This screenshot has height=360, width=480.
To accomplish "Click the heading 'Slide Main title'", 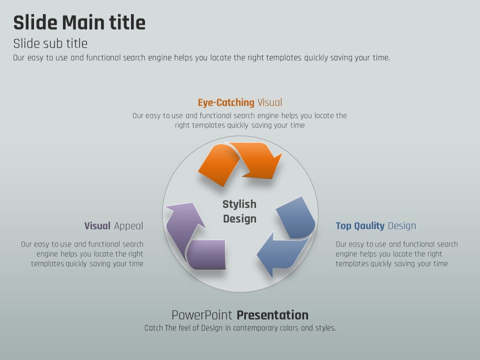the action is (79, 22).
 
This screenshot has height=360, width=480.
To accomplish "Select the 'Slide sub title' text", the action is (50, 43).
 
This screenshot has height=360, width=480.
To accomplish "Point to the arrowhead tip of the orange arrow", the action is (282, 154).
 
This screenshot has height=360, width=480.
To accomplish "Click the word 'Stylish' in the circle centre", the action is (239, 204).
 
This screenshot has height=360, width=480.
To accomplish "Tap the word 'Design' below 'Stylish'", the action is (239, 218).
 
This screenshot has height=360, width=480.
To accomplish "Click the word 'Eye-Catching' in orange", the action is (226, 102).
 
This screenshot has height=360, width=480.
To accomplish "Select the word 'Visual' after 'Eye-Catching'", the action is (269, 102).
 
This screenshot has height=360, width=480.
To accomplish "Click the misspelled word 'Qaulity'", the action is (369, 226).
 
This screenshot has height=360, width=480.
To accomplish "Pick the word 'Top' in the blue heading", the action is (343, 226).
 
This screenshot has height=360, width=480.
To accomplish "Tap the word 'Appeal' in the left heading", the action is (128, 226).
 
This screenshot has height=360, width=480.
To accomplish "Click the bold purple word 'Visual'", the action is (97, 226).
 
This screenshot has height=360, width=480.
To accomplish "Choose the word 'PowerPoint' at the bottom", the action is (201, 315).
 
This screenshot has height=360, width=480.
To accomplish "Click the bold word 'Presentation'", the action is (272, 315).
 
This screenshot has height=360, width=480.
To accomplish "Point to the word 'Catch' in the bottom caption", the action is (153, 328).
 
